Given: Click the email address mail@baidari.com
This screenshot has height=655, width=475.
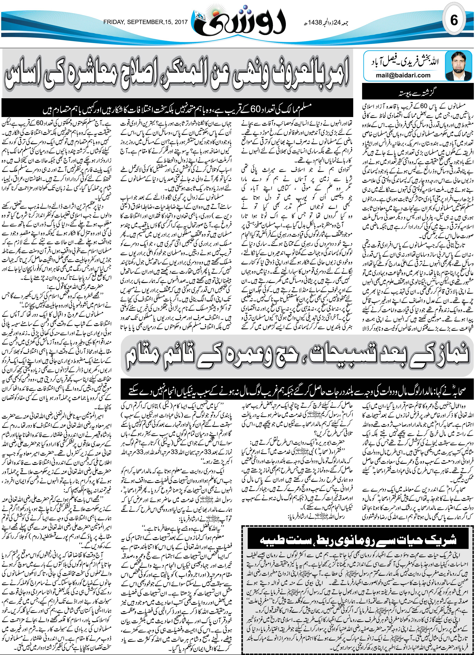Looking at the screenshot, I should [x=403, y=75].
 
